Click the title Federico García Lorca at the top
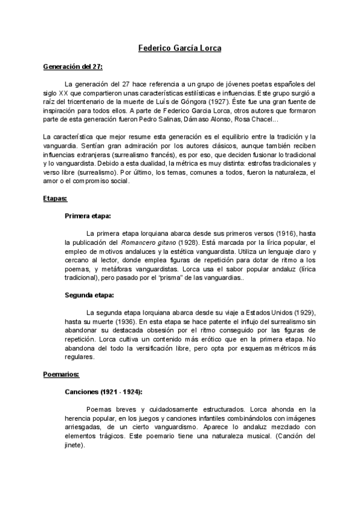click(179, 46)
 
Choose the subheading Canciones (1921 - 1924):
click(104, 391)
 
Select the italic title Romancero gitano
click(150, 242)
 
